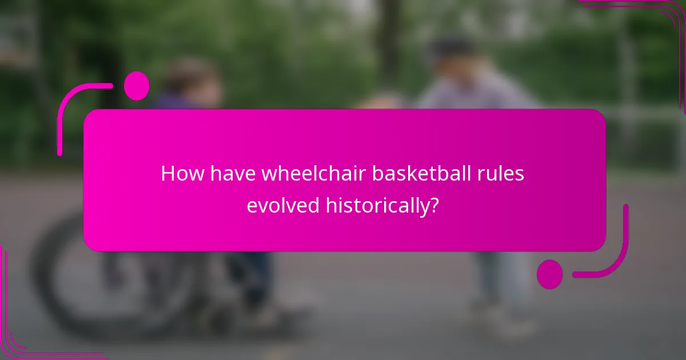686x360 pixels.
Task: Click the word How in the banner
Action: pos(182,174)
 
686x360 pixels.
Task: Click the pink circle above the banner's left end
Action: pos(136,86)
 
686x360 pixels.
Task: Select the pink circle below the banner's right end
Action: pos(550,274)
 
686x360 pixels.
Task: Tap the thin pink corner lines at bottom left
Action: pos(23,337)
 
